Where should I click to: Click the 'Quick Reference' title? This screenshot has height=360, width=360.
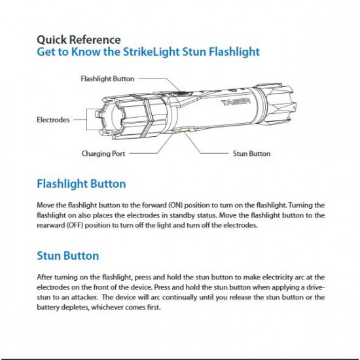[79, 40]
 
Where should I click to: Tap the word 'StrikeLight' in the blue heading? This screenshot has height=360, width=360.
[151, 52]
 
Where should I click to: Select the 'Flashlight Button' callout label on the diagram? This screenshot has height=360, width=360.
[107, 79]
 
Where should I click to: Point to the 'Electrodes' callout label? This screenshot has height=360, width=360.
[53, 120]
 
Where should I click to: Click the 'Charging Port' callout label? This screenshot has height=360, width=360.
[103, 153]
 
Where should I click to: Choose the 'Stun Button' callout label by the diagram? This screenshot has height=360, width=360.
[251, 153]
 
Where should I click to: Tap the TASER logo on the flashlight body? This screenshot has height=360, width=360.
[236, 101]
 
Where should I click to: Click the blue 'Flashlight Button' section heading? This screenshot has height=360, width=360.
[81, 184]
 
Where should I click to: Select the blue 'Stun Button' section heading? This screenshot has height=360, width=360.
[68, 256]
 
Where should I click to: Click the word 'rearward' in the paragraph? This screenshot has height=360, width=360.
[51, 225]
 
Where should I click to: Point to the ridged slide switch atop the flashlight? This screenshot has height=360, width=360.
[181, 93]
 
